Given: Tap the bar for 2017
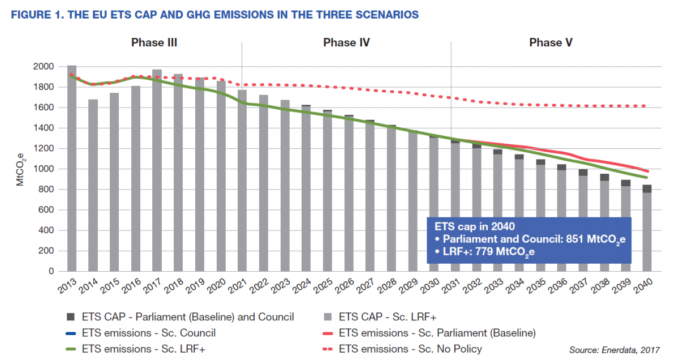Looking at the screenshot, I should click(157, 170).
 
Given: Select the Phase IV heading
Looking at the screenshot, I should click(346, 42).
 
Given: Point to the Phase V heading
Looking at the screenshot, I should click(546, 42).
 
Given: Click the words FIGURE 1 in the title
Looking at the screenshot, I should click(35, 14).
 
